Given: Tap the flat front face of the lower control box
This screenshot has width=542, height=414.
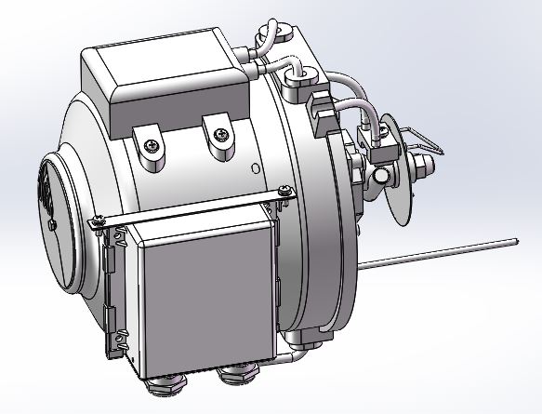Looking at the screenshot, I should (x=207, y=288).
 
